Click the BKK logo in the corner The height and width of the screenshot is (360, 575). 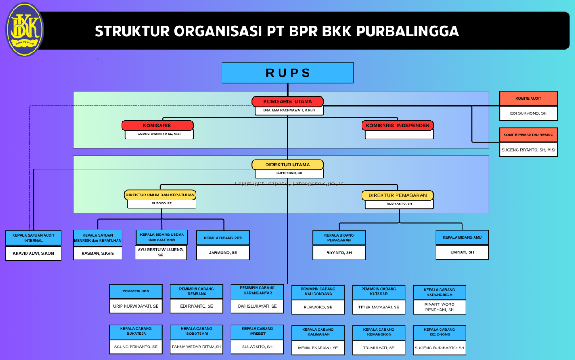point(25,30)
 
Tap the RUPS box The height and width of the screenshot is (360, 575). point(287,73)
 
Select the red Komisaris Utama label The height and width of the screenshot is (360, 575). point(287,102)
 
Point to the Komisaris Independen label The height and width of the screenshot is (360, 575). point(397,126)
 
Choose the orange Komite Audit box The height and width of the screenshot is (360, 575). point(528,98)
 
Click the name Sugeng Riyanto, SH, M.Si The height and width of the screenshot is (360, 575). point(528,150)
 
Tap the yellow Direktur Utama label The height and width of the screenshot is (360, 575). point(287,165)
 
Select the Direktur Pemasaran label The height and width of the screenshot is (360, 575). point(397,195)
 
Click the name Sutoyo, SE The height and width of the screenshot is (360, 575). point(161,204)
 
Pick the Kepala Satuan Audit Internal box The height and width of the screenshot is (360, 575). point(34,238)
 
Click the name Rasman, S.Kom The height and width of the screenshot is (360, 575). point(98,253)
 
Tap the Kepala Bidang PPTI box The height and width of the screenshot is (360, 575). point(223,238)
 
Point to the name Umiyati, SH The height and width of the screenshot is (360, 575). point(462,252)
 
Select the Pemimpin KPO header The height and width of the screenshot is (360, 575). point(136,291)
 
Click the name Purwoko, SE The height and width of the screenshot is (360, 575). point(318,308)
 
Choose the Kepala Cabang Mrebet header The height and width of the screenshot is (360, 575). point(257,331)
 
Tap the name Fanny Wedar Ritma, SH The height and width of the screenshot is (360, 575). point(196,347)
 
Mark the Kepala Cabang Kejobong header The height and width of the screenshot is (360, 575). point(439,332)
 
